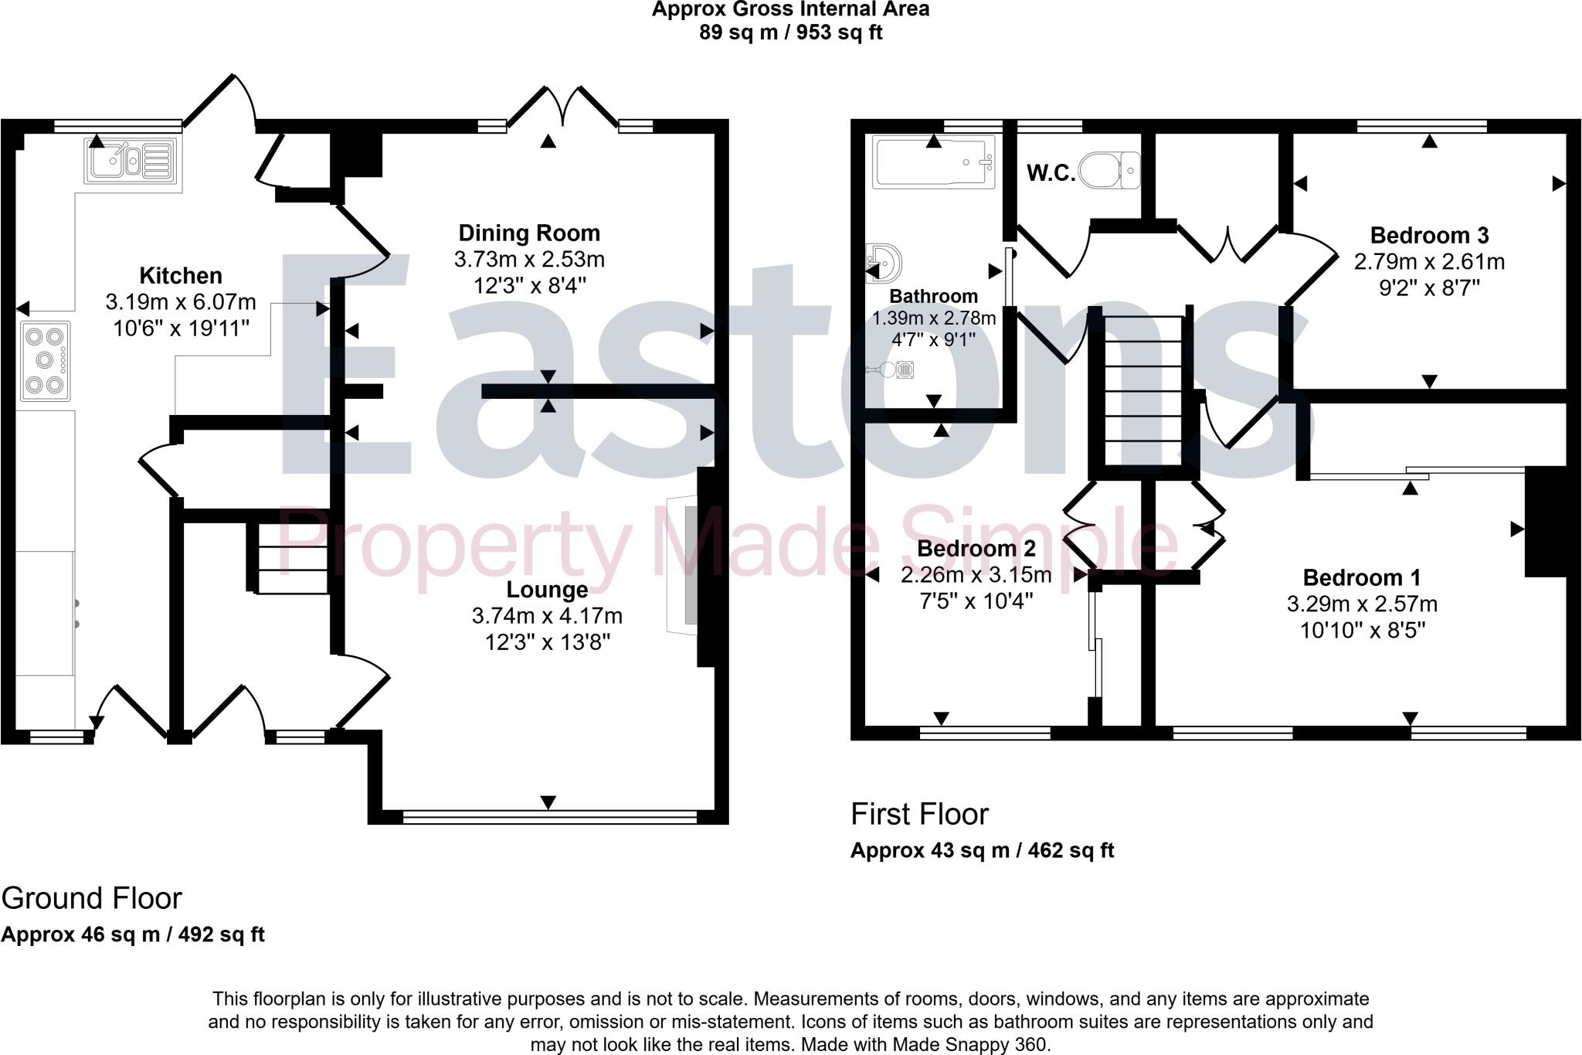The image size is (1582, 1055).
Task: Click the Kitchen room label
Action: coord(181,275)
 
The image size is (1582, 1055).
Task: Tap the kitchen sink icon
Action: coord(131,162)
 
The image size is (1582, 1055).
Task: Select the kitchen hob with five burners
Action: coord(45,360)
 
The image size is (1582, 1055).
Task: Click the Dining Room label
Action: coord(529,233)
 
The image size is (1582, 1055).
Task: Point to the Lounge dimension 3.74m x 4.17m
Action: coord(547,616)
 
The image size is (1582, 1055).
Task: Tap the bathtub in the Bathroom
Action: coord(934,162)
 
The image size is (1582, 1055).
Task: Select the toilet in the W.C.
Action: coord(1109,169)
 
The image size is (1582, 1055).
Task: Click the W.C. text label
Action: coord(1051,173)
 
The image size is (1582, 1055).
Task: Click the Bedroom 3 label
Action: coord(1429,235)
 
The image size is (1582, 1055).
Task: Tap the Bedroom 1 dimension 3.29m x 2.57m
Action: coord(1362,604)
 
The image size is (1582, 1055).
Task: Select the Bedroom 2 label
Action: coord(976,548)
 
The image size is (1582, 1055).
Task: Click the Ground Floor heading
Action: coord(91,898)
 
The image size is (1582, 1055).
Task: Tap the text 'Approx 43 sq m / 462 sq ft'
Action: coord(982,850)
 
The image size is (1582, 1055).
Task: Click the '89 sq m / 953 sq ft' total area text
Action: coord(790,32)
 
